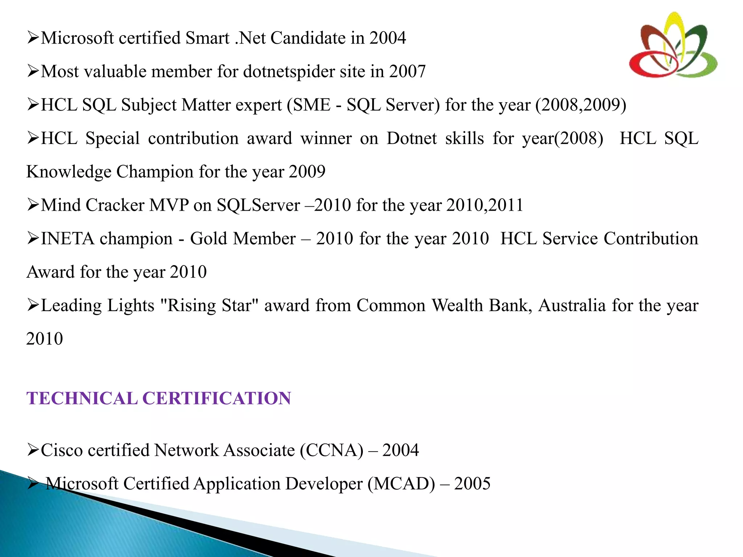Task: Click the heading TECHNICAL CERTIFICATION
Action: click(x=159, y=398)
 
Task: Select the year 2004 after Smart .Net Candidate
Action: click(x=387, y=38)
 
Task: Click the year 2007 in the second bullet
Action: click(x=407, y=71)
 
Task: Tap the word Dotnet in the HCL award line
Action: click(x=412, y=139)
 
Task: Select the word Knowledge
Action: click(x=69, y=172)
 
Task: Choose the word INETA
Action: click(x=67, y=239)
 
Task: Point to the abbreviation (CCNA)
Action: click(x=331, y=450)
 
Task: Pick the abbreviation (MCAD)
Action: click(x=401, y=484)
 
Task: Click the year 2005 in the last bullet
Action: click(x=472, y=484)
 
